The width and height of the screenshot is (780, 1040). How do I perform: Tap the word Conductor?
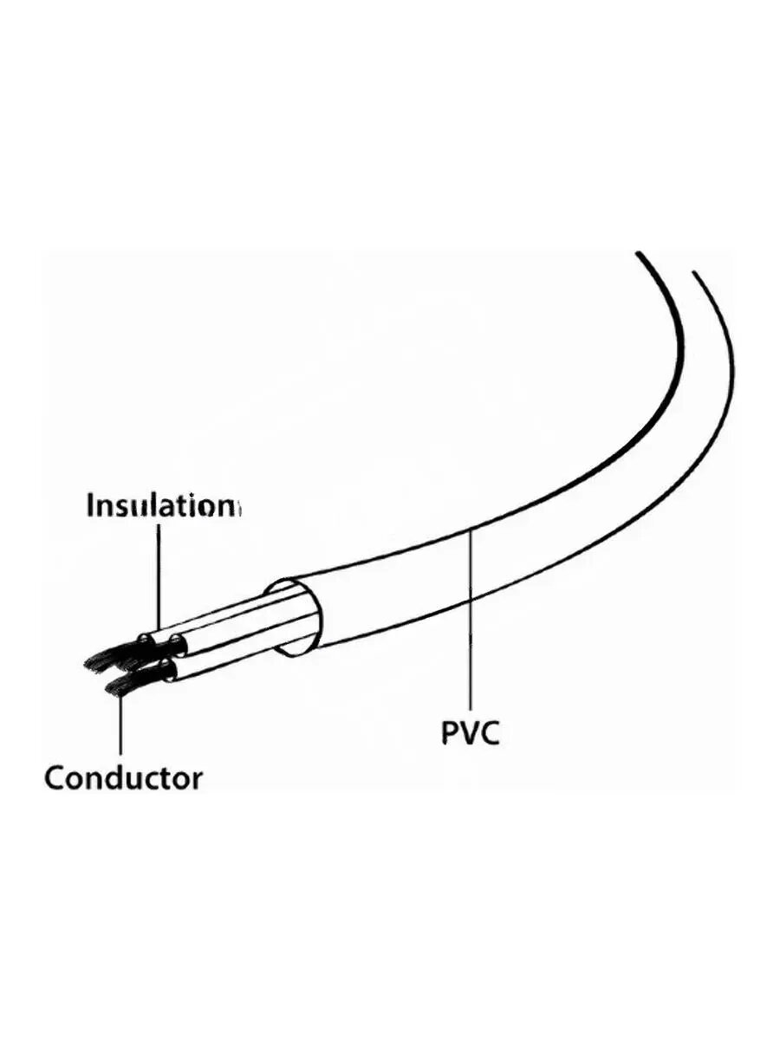pos(123,777)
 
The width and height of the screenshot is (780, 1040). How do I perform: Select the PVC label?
pos(471,732)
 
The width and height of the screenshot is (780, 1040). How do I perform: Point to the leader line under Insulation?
pos(159,572)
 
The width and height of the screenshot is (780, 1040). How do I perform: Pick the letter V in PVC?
pos(471,732)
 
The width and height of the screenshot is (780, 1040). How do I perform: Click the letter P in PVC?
pos(452,732)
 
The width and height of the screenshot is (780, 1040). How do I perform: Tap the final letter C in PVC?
pos(491,732)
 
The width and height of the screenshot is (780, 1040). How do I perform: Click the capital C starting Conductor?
pos(55,777)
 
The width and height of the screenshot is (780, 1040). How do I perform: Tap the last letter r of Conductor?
pos(197,777)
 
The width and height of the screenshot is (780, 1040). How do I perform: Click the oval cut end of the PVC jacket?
pos(299,617)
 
